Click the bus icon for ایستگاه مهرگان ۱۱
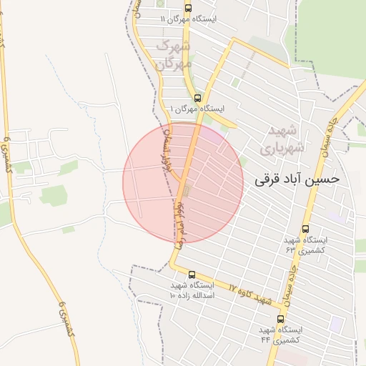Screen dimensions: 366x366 pos(188,9)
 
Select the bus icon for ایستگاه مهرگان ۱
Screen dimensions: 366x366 pos(197,98)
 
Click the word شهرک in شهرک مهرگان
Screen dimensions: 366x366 pos(176,47)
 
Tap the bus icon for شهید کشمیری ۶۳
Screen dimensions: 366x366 pos(306,229)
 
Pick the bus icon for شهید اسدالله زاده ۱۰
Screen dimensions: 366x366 pos(192,274)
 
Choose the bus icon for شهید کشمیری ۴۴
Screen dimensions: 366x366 pos(280,319)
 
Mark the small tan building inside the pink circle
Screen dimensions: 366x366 pos(187,192)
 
